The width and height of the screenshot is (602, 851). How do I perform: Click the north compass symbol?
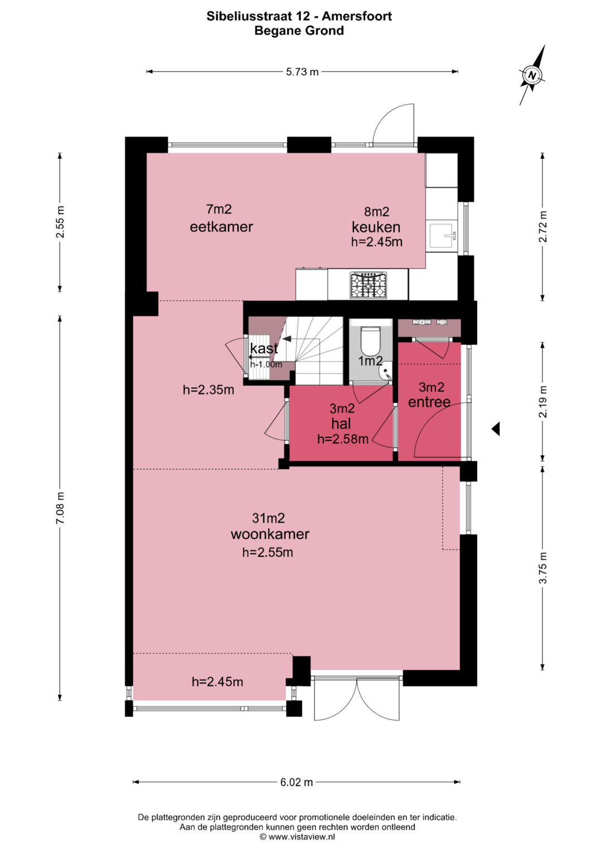pos(532,75)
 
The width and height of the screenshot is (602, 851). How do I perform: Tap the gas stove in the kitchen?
pos(368,285)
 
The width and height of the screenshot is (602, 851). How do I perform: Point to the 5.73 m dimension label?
pos(302,71)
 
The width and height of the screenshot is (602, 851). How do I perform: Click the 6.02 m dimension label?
pos(297,782)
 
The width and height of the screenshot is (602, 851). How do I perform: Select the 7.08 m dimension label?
pos(60,508)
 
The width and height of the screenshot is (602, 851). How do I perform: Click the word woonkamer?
pos(270,534)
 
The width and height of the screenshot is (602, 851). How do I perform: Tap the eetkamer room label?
pos(221,227)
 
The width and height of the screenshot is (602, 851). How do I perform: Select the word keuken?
pos(376,227)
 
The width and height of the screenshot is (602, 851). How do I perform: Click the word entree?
pos(429,402)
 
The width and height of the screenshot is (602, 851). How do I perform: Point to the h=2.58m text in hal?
pos(343,439)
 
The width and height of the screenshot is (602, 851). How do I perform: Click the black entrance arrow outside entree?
pos(496,429)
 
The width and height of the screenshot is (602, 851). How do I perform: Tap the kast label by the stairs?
pos(264,348)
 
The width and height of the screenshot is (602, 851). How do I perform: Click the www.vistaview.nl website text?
pos(302,837)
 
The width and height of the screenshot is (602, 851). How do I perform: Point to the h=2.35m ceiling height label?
pos(208,390)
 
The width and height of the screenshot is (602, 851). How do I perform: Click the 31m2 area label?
pos(268,518)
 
